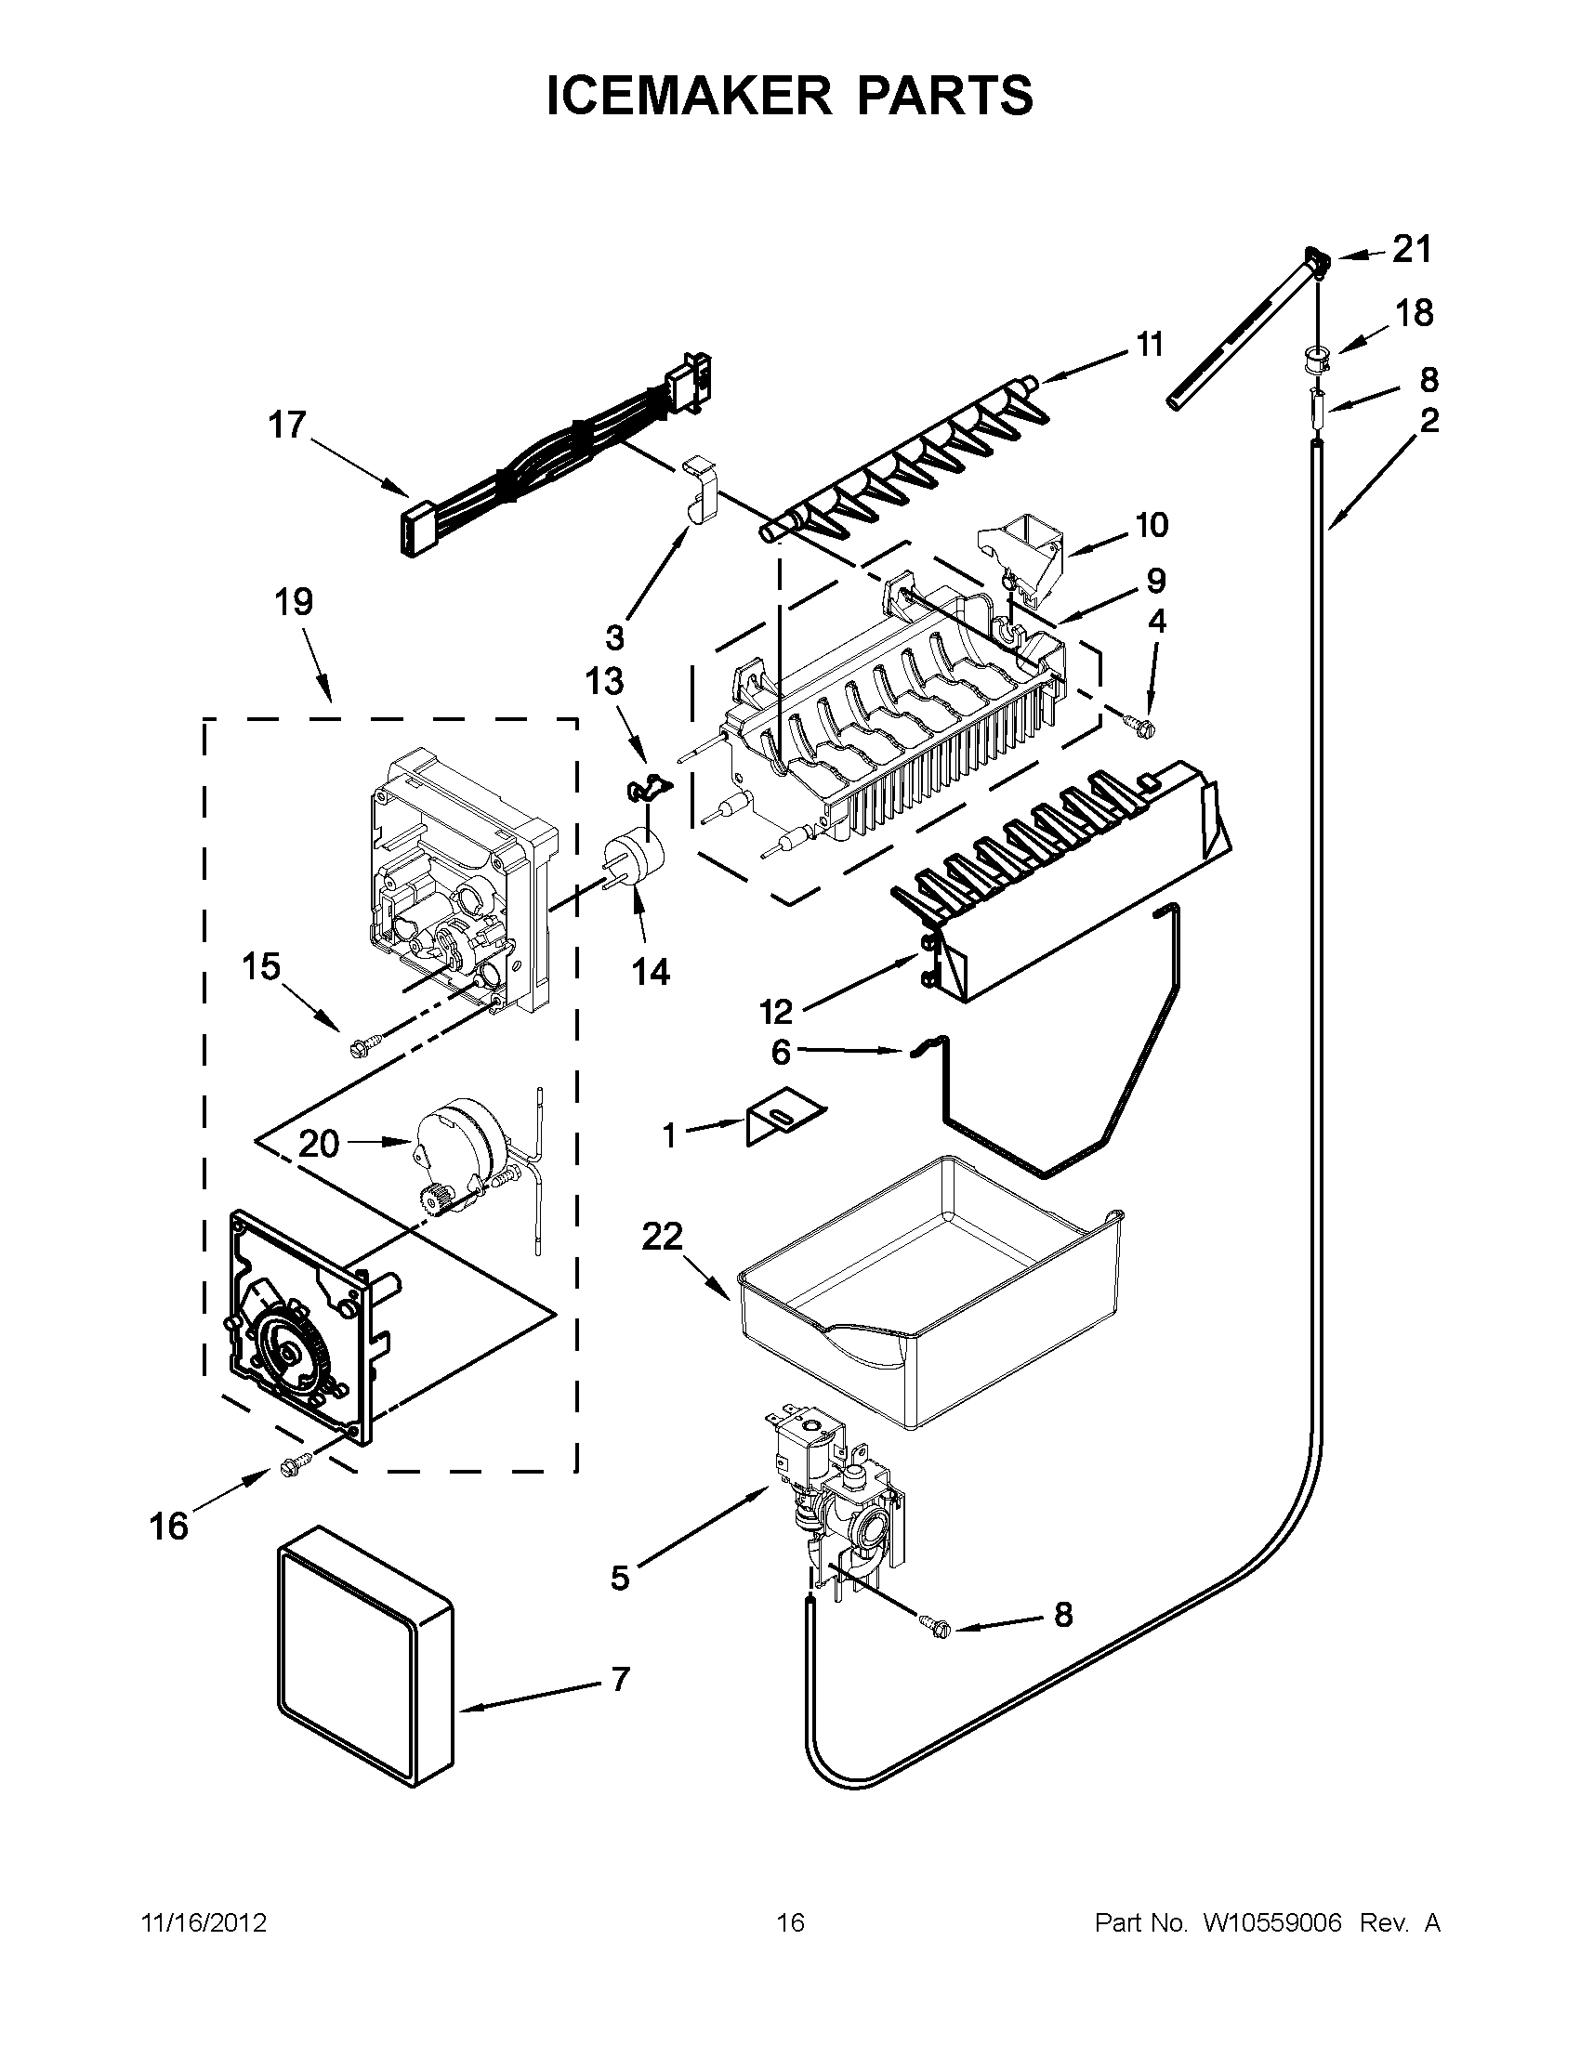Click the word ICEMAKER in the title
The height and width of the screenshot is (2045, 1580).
[x=689, y=96]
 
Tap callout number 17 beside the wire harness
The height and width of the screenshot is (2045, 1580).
[x=287, y=426]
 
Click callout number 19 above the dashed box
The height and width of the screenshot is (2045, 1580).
[x=293, y=602]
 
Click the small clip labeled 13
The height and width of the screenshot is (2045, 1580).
[x=649, y=788]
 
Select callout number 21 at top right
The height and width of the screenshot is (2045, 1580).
[x=1412, y=250]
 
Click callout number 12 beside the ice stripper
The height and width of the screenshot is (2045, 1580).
[x=776, y=1010]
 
